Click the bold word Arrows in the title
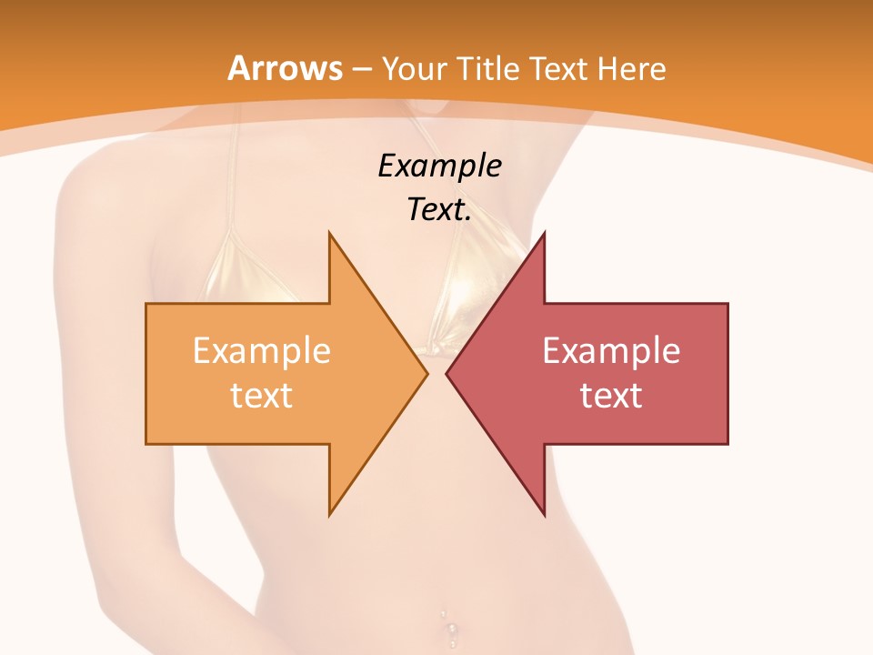pyautogui.click(x=285, y=68)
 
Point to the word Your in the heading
pyautogui.click(x=415, y=69)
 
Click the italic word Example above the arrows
pyautogui.click(x=439, y=166)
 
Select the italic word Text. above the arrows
pyautogui.click(x=439, y=210)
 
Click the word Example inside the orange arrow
pyautogui.click(x=262, y=351)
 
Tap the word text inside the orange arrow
pyautogui.click(x=262, y=395)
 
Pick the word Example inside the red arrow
pyautogui.click(x=611, y=351)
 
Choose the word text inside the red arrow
pyautogui.click(x=611, y=395)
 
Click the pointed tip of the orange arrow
pyautogui.click(x=426, y=373)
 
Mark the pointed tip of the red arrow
pyautogui.click(x=447, y=373)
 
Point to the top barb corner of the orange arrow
pyautogui.click(x=329, y=234)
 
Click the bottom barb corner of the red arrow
pyautogui.click(x=544, y=515)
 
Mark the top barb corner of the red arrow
pyautogui.click(x=544, y=234)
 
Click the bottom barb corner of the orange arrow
pyautogui.click(x=329, y=515)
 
